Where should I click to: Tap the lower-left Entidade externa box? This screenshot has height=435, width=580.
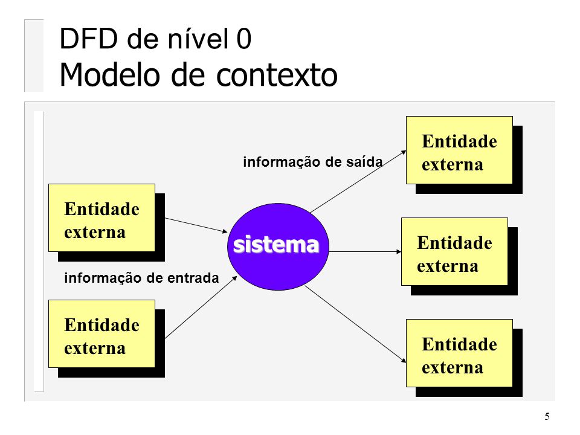point(101,333)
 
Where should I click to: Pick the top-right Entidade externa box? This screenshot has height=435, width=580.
point(459,150)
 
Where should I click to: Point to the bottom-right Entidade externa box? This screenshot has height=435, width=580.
point(459,353)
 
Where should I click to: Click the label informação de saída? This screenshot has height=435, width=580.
point(312,162)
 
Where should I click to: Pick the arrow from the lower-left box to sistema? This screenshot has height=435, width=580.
point(199,309)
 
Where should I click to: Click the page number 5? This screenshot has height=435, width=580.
point(547,416)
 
